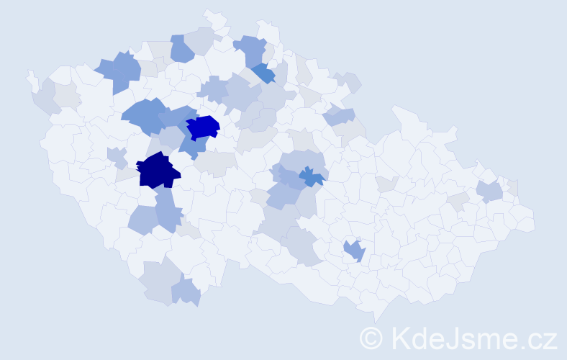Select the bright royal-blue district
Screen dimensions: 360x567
coord(203,127)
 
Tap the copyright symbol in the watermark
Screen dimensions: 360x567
coord(371,337)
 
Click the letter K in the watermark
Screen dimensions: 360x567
coord(399,337)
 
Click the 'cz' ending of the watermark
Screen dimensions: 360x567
coord(543,338)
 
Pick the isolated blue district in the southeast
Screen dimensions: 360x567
coord(354,251)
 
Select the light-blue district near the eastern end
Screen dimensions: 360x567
coord(489,191)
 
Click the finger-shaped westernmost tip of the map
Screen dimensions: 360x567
coord(31,77)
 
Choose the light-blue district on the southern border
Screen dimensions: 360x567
coord(186,292)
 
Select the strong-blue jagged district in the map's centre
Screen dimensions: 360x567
coord(312,176)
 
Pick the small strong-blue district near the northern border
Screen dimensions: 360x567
coord(263,73)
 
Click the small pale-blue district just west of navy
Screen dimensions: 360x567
coord(117,156)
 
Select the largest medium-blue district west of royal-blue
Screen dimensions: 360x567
coord(144,115)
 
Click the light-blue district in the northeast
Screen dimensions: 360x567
coord(339,115)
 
